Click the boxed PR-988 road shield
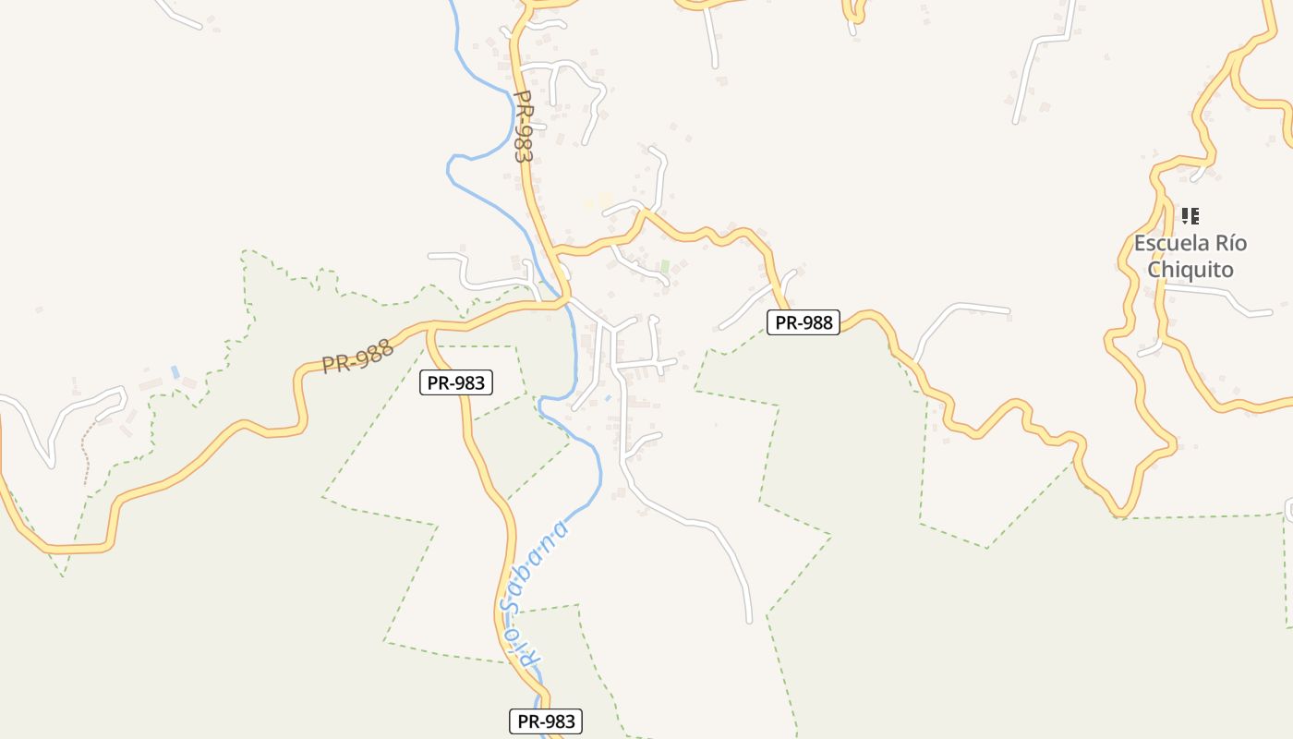803,322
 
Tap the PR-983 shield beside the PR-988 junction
456,382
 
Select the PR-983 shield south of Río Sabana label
546,721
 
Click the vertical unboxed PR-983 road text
523,127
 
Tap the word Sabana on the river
533,566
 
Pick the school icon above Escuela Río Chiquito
1190,216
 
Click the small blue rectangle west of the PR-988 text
175,371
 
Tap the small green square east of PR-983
664,266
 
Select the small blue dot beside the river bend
607,398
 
